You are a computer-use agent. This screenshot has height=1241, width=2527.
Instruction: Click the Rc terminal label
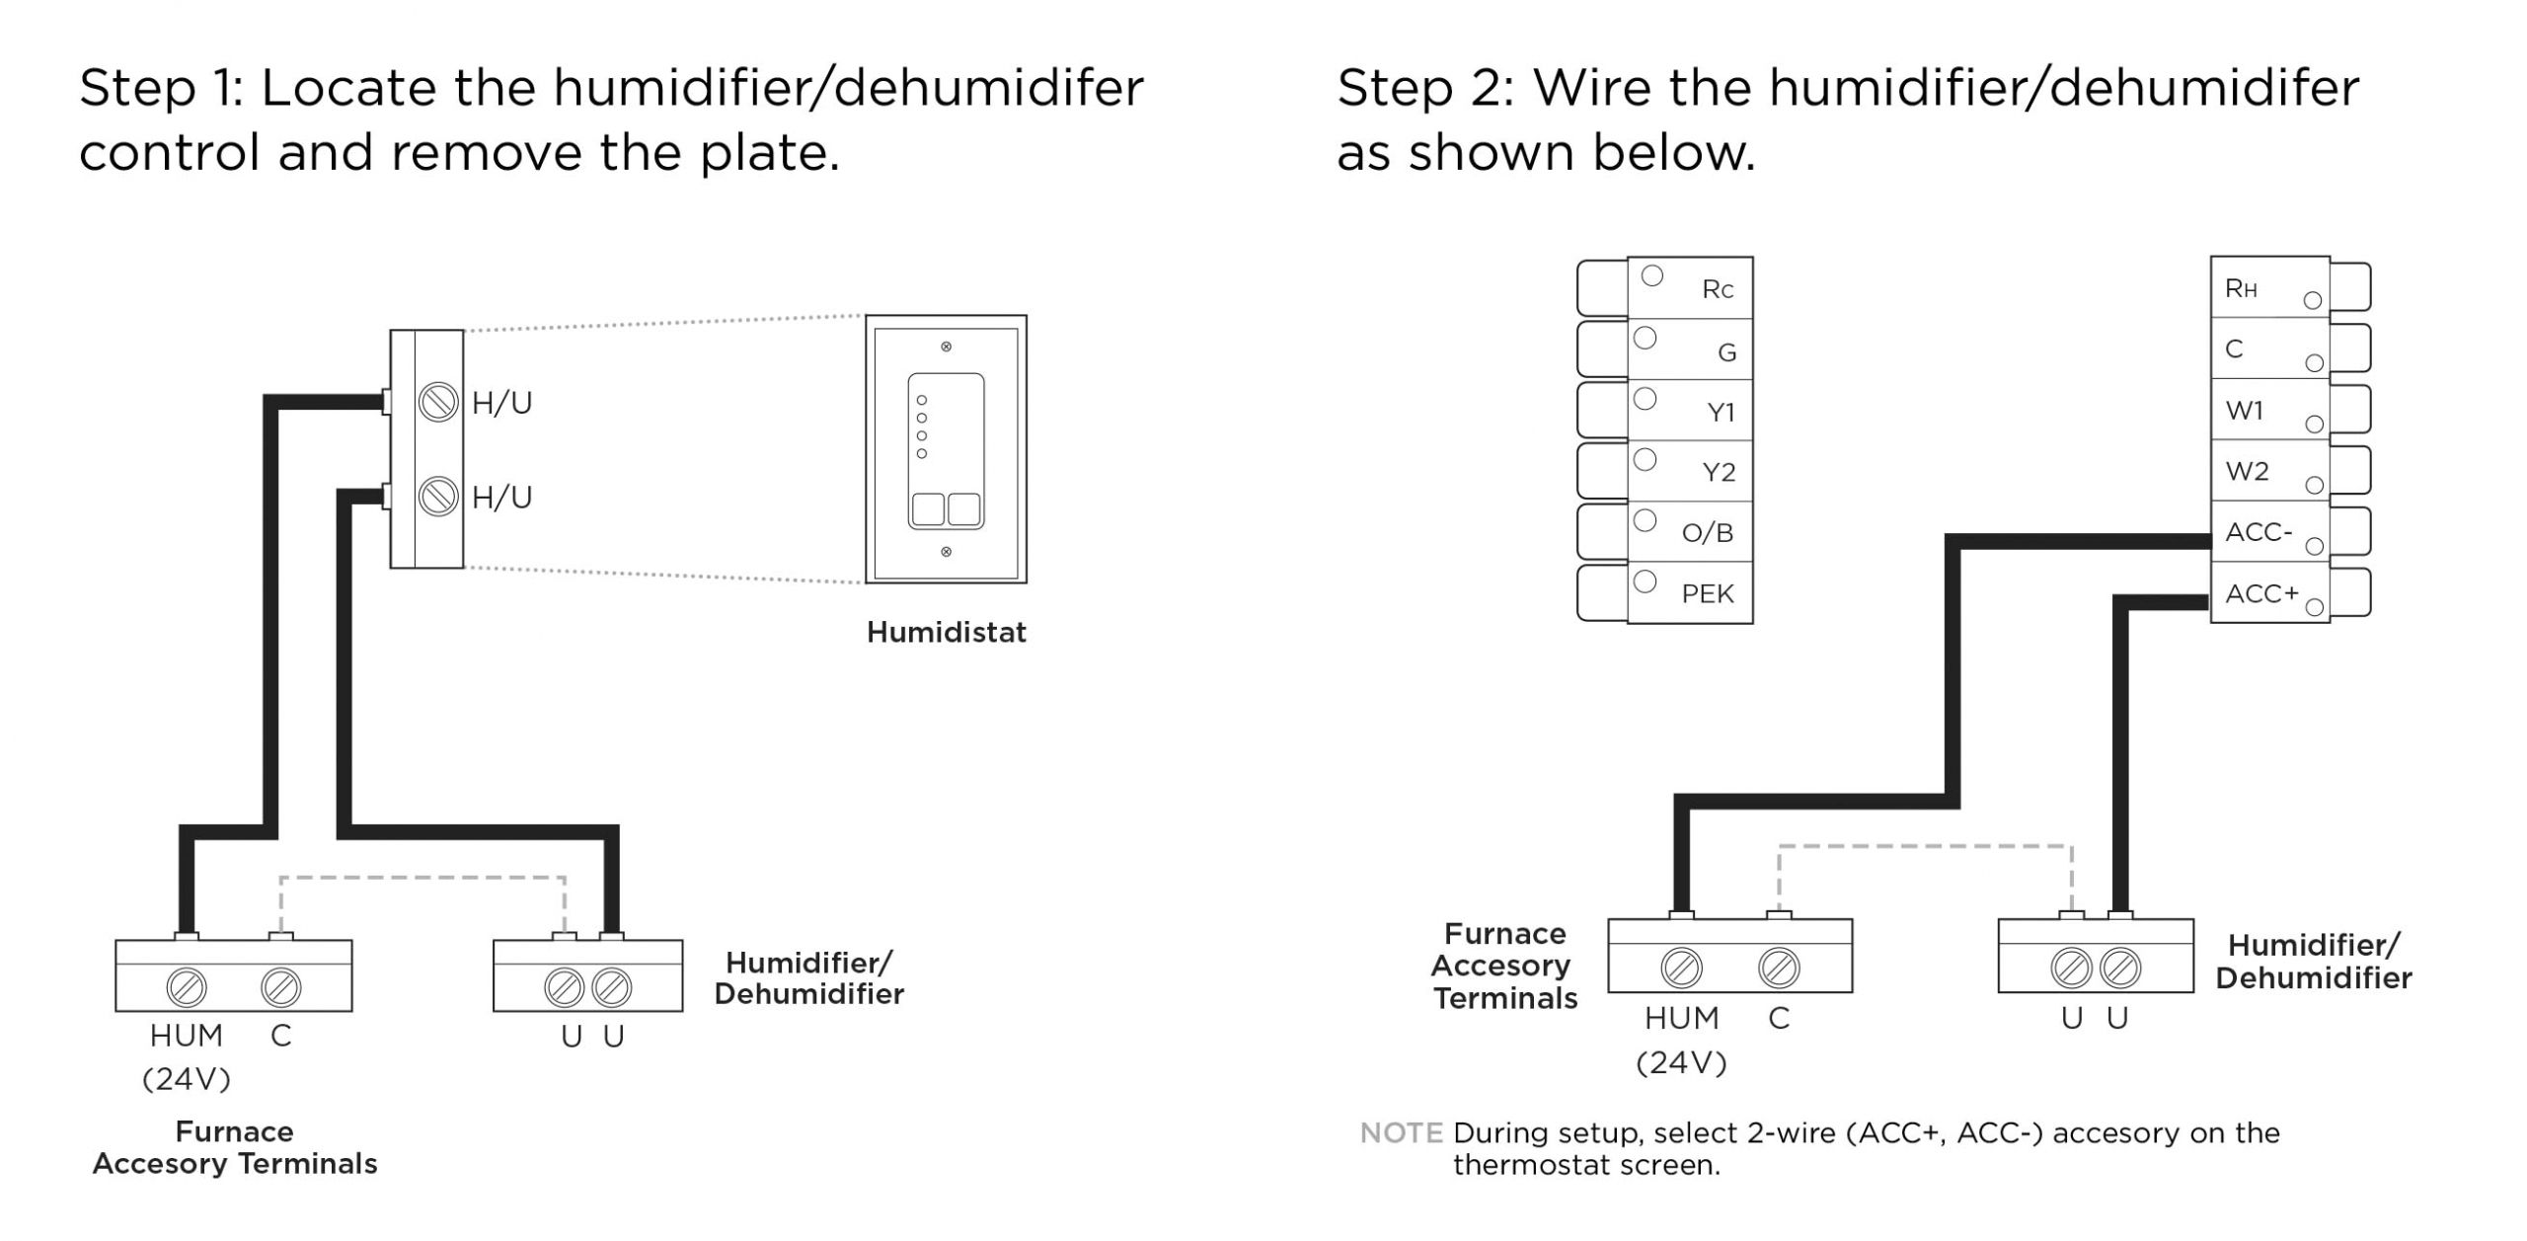[x=1718, y=289]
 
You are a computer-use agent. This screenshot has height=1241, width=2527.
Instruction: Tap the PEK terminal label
[x=1707, y=593]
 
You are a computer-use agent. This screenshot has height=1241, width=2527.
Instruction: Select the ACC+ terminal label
[x=2261, y=593]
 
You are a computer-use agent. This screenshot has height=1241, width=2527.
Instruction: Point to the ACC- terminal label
[x=2258, y=532]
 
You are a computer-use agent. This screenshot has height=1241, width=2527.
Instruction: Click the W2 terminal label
[x=2247, y=471]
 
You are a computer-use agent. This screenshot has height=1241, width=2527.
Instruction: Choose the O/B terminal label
[x=1707, y=533]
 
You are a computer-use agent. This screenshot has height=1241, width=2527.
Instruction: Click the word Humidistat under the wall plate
[x=946, y=632]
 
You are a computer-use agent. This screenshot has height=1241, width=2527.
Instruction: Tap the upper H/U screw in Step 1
[x=438, y=402]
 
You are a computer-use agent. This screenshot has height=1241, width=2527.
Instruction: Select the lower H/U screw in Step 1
[x=438, y=496]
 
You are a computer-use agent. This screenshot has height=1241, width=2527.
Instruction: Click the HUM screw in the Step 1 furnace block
[x=187, y=986]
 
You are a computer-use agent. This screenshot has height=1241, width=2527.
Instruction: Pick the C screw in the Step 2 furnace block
[x=1779, y=968]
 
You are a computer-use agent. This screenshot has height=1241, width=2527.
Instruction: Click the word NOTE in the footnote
[x=1401, y=1132]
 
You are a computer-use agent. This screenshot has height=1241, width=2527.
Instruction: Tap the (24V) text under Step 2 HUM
[x=1681, y=1062]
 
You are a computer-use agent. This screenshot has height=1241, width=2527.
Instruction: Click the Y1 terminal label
[x=1721, y=412]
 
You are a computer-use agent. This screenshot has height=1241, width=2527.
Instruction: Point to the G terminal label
[x=1726, y=351]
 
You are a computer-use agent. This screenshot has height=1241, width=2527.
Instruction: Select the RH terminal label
[x=2241, y=288]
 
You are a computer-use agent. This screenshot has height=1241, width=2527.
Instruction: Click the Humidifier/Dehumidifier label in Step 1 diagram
[x=808, y=977]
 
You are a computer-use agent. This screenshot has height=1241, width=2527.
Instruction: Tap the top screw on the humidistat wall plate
[x=946, y=347]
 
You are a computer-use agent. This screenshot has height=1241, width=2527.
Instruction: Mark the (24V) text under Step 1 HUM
[x=187, y=1079]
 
